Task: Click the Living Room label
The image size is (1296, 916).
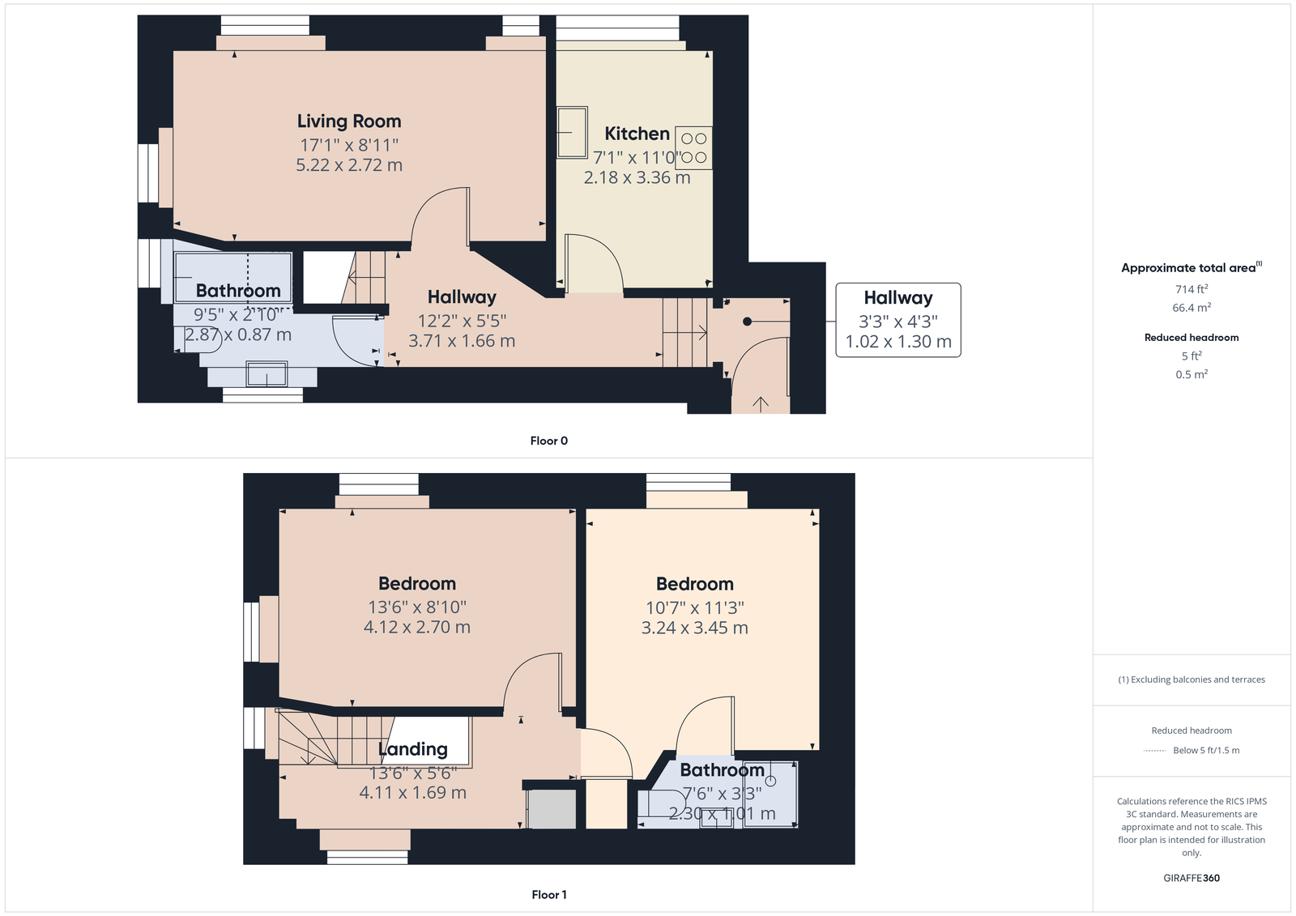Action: coord(349,121)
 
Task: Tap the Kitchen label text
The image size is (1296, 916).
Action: coord(637,134)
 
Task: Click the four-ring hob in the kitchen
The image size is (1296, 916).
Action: coord(693,148)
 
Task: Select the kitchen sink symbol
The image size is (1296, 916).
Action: coord(572,132)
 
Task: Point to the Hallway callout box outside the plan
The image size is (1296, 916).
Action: coord(898,320)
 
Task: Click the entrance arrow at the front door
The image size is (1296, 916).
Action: coord(761,404)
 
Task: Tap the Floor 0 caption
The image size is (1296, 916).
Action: coord(549,441)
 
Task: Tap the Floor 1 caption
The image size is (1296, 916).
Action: coord(549,895)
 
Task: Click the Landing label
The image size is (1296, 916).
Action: coord(412,749)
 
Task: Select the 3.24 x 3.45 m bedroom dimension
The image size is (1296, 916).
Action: coord(694,628)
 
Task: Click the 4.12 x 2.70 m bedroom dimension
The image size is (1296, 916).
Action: coord(416,627)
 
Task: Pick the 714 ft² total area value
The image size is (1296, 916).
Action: coord(1192,289)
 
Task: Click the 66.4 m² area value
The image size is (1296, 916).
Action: coord(1192,307)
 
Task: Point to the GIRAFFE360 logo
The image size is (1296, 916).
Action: coord(1192,878)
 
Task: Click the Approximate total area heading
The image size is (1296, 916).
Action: coord(1192,267)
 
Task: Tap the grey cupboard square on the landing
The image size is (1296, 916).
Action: coord(552,810)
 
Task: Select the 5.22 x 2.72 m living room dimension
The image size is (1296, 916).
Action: coord(349,165)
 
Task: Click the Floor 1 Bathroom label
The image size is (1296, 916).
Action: coord(722,770)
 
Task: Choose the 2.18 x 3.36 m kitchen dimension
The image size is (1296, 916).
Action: coord(637,177)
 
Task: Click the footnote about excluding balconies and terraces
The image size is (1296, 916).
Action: coord(1192,680)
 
